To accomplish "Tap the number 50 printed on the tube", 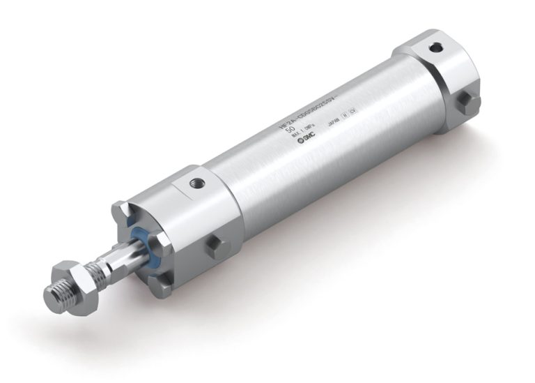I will click(x=291, y=130).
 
